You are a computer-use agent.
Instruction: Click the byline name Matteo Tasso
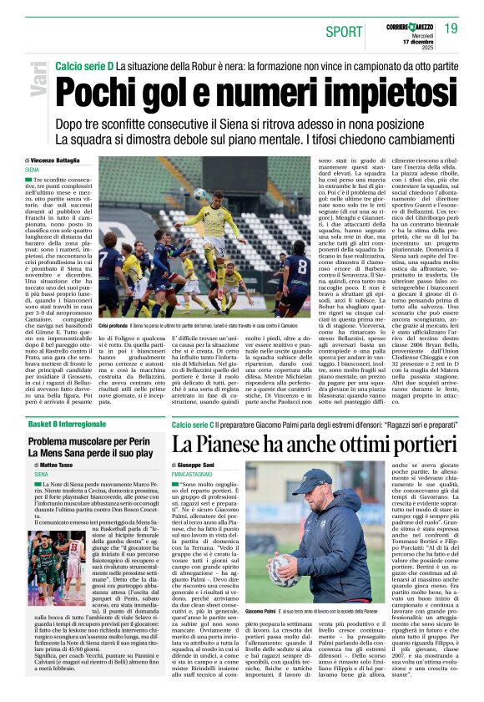point(60,464)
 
